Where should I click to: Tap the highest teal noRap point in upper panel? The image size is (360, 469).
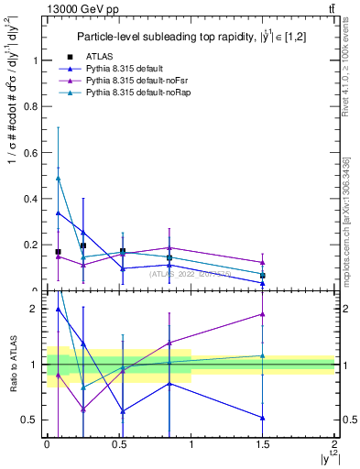(x=58, y=178)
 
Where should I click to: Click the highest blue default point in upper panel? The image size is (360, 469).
(x=58, y=213)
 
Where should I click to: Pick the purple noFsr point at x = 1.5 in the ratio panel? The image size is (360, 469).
(x=263, y=314)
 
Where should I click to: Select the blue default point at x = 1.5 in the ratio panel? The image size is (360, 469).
(x=263, y=418)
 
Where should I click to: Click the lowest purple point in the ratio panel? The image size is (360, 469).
(x=83, y=409)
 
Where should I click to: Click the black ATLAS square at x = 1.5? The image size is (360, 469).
(x=263, y=276)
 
